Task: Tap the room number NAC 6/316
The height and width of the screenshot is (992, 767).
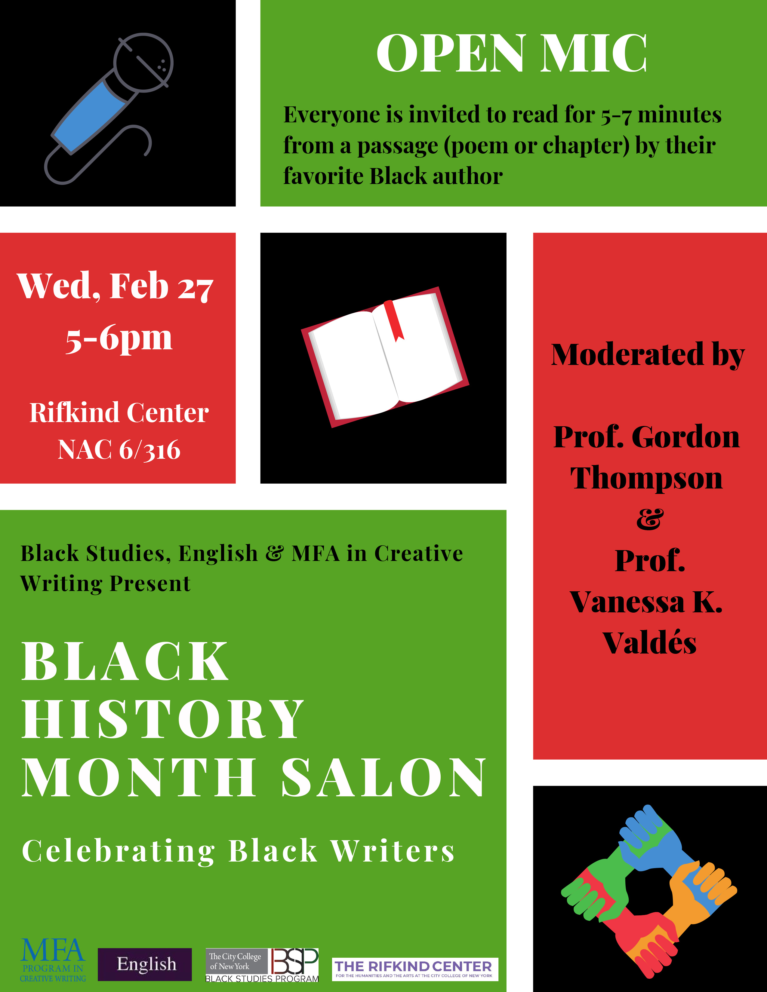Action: pos(119,450)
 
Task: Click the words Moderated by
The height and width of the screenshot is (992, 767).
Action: pos(648,355)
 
